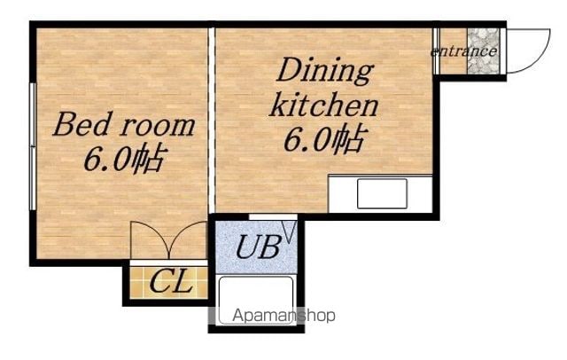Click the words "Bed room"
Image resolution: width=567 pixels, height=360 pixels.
124,125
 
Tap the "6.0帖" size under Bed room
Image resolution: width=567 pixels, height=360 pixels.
125,159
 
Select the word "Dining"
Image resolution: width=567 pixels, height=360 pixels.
325,72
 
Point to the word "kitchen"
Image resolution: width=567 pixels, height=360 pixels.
323,105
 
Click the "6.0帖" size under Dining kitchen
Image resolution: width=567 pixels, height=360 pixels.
325,139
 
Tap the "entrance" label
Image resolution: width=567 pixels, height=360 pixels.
463,51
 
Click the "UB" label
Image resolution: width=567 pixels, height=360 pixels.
258,247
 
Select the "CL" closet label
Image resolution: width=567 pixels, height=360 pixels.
170,281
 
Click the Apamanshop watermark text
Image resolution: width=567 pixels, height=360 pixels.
283,316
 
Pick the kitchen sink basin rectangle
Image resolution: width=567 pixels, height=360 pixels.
382,194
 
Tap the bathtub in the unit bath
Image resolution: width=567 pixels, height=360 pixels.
256,301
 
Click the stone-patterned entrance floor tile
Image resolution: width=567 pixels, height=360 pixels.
483,51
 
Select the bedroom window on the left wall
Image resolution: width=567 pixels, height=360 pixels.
33,146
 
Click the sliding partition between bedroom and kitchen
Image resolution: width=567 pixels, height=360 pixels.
212,121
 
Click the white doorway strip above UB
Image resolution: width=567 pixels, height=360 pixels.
273,217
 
